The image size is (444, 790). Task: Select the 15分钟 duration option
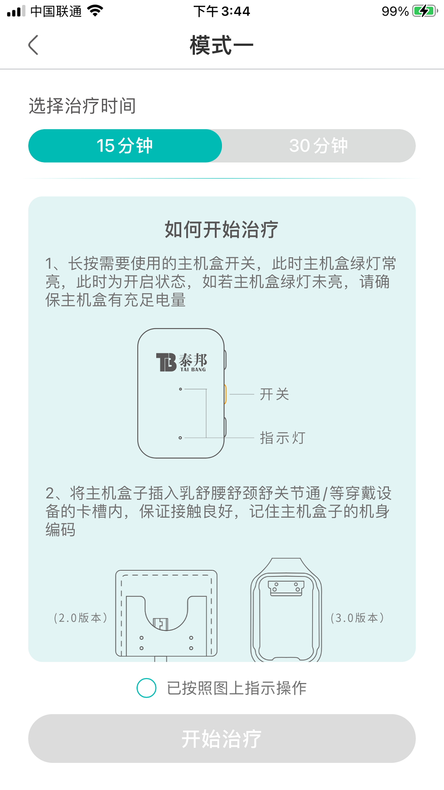pyautogui.click(x=125, y=146)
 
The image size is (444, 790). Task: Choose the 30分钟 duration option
pyautogui.click(x=319, y=146)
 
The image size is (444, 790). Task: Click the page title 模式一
pyautogui.click(x=222, y=45)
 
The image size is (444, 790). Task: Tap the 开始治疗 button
pyautogui.click(x=222, y=739)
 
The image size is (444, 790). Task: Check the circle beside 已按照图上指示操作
pyautogui.click(x=146, y=688)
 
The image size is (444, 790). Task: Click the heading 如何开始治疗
pyautogui.click(x=222, y=230)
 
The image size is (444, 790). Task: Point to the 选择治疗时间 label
pyautogui.click(x=82, y=106)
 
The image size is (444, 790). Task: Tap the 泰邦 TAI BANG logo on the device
pyautogui.click(x=181, y=362)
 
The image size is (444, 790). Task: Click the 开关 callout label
pyautogui.click(x=275, y=394)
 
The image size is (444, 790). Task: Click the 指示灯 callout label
pyautogui.click(x=282, y=438)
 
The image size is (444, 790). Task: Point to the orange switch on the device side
pyautogui.click(x=225, y=394)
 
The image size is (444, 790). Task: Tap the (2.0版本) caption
pyautogui.click(x=81, y=618)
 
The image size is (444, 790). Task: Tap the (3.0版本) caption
pyautogui.click(x=357, y=618)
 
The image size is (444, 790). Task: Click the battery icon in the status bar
pyautogui.click(x=425, y=11)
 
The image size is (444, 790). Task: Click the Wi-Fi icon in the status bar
pyautogui.click(x=95, y=11)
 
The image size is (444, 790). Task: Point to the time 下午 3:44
pyautogui.click(x=222, y=11)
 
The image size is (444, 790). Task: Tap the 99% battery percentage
pyautogui.click(x=395, y=11)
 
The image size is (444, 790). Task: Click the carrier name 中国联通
pyautogui.click(x=56, y=11)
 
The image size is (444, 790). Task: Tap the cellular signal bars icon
pyautogui.click(x=16, y=11)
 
